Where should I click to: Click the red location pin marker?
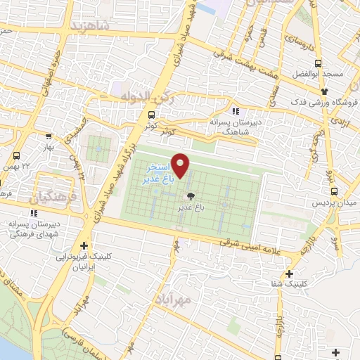181,166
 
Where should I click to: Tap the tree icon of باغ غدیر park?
190,196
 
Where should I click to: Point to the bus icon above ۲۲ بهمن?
16,155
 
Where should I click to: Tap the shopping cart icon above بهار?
48,137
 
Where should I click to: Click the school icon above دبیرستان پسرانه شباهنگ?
235,110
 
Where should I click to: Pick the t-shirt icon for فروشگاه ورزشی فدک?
323,91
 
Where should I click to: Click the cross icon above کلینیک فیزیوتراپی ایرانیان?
84,245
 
